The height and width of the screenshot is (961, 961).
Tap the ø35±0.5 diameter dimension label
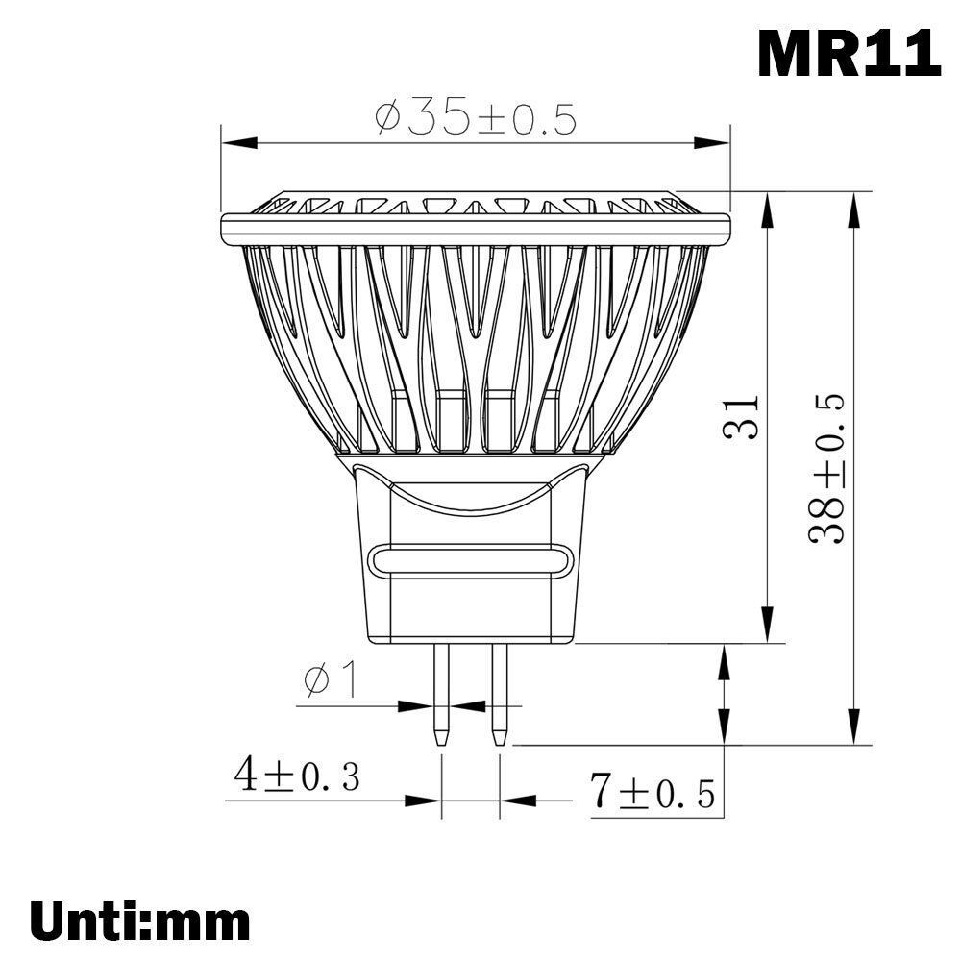tap(476, 118)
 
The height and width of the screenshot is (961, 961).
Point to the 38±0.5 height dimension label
tap(826, 468)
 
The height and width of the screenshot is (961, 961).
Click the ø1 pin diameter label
tap(330, 679)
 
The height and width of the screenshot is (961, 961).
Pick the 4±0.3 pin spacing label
tap(297, 776)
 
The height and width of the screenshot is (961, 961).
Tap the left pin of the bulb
tap(441, 695)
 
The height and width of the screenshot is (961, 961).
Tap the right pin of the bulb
tap(500, 695)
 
